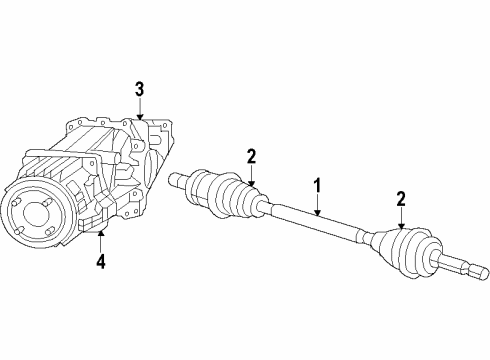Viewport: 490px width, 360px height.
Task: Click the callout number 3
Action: (140, 89)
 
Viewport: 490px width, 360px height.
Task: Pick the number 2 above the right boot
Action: (400, 200)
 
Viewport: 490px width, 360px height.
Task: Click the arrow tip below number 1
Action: (318, 216)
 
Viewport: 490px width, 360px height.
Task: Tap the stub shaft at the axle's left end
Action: (182, 180)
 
